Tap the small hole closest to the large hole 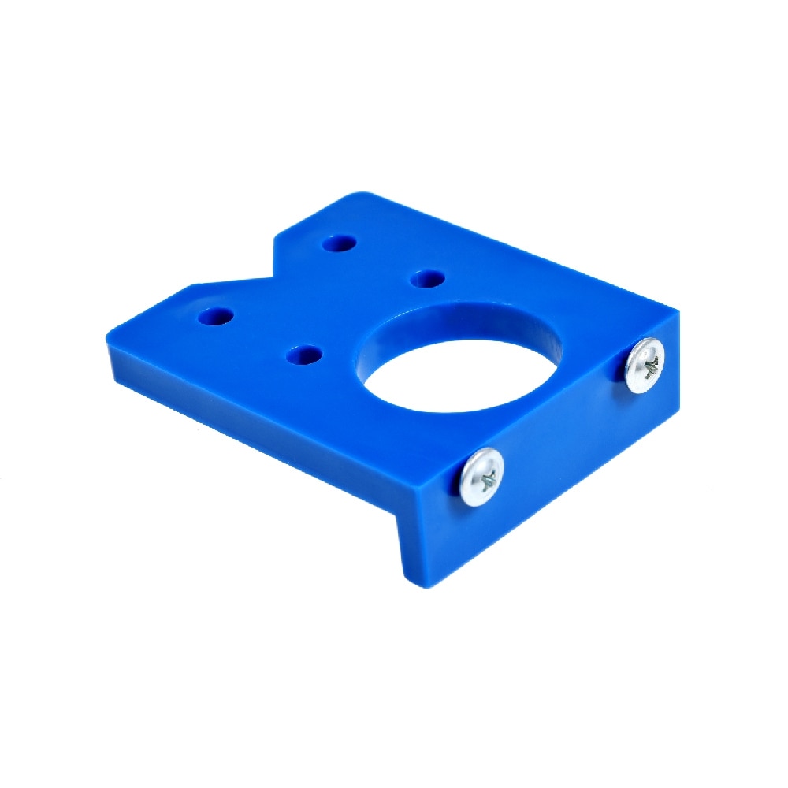click(x=428, y=278)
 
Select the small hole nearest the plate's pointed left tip click(x=215, y=317)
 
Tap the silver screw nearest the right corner click(x=645, y=365)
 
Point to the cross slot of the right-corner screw click(x=648, y=364)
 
